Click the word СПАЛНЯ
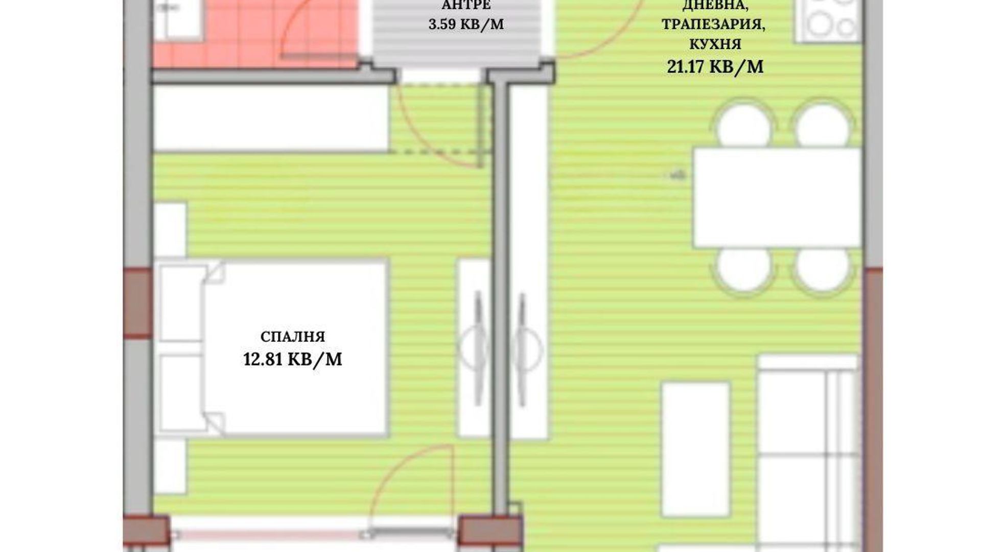tap(293, 337)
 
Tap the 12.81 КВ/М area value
tap(293, 359)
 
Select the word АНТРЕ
tap(466, 6)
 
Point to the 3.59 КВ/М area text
tap(466, 25)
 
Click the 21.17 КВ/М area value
tap(715, 66)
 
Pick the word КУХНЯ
tap(715, 44)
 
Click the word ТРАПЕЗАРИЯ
tap(713, 25)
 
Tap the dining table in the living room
tap(777, 198)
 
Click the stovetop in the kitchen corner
tap(828, 20)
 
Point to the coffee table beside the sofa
tap(695, 449)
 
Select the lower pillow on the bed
tap(181, 393)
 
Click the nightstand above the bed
tap(170, 230)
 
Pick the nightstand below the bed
tap(170, 466)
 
